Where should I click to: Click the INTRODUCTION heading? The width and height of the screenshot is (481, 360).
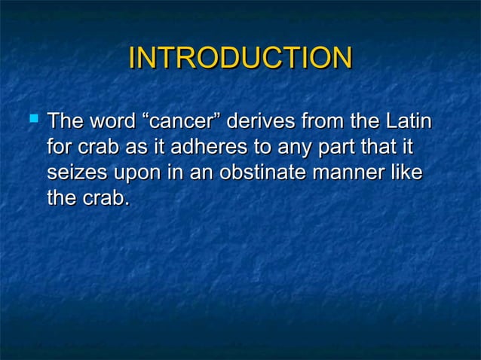[x=240, y=58]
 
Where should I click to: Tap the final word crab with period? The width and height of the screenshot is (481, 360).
[x=105, y=199]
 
